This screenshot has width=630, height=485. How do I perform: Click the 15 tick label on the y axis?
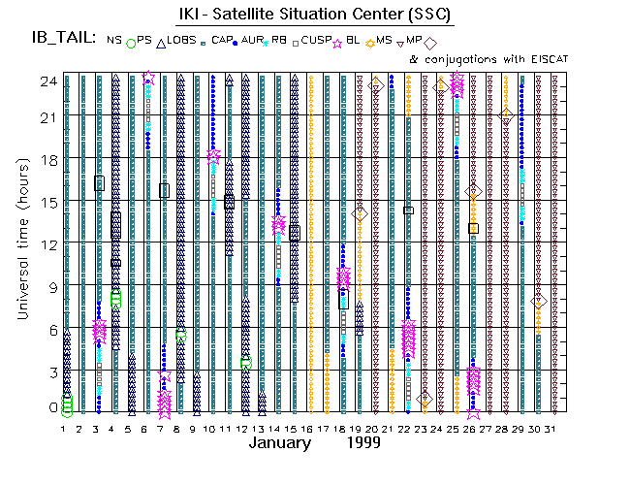tap(45, 203)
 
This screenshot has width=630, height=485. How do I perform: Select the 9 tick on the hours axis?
tap(49, 286)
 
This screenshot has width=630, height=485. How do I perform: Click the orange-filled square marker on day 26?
tap(473, 228)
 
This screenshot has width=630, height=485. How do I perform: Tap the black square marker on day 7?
tap(164, 190)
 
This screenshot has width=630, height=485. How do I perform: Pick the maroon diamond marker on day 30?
tap(540, 302)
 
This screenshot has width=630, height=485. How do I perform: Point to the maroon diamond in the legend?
tap(430, 42)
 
